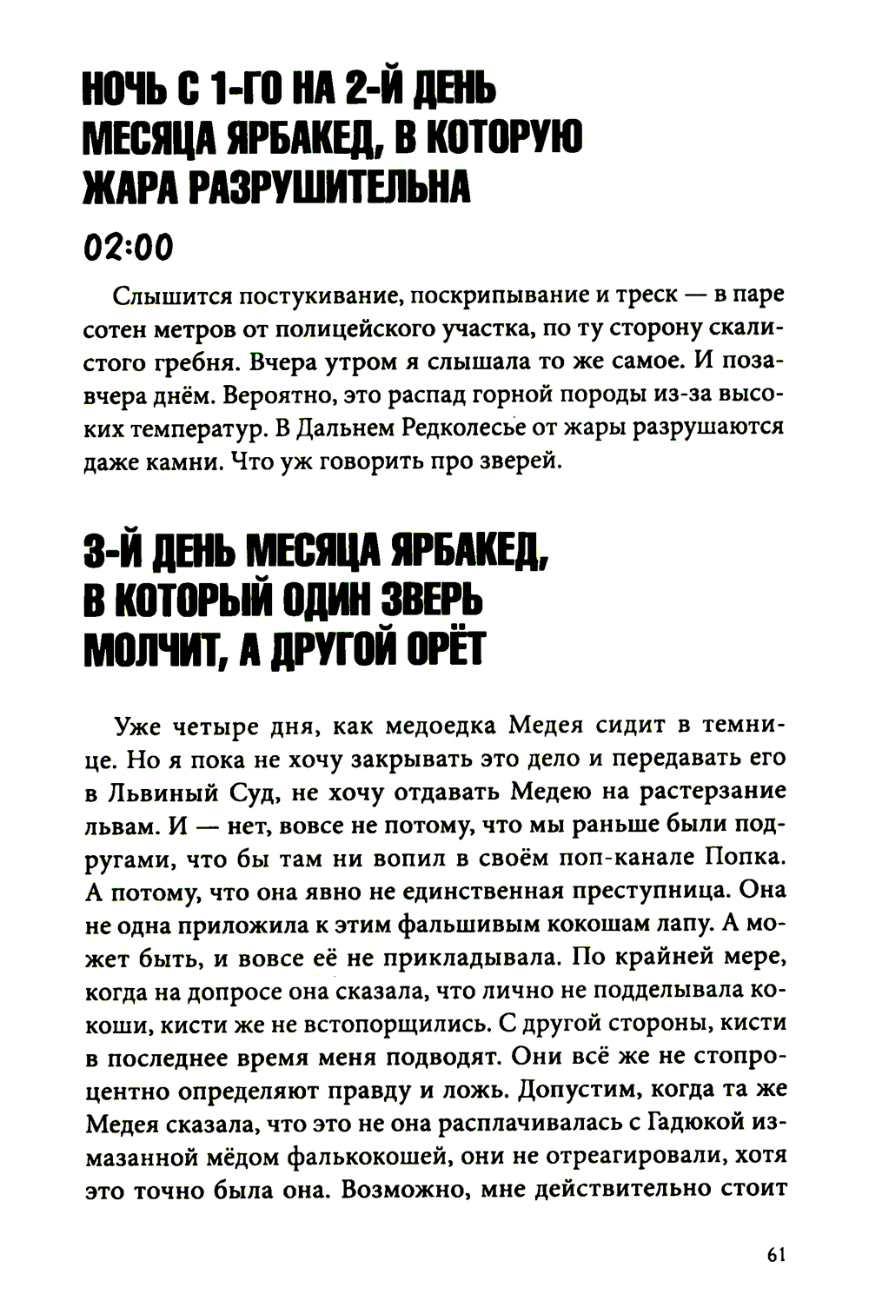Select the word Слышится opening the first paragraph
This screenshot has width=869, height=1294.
click(x=166, y=295)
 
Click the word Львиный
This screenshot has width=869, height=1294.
click(x=181, y=792)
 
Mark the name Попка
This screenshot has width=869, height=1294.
click(x=745, y=858)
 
